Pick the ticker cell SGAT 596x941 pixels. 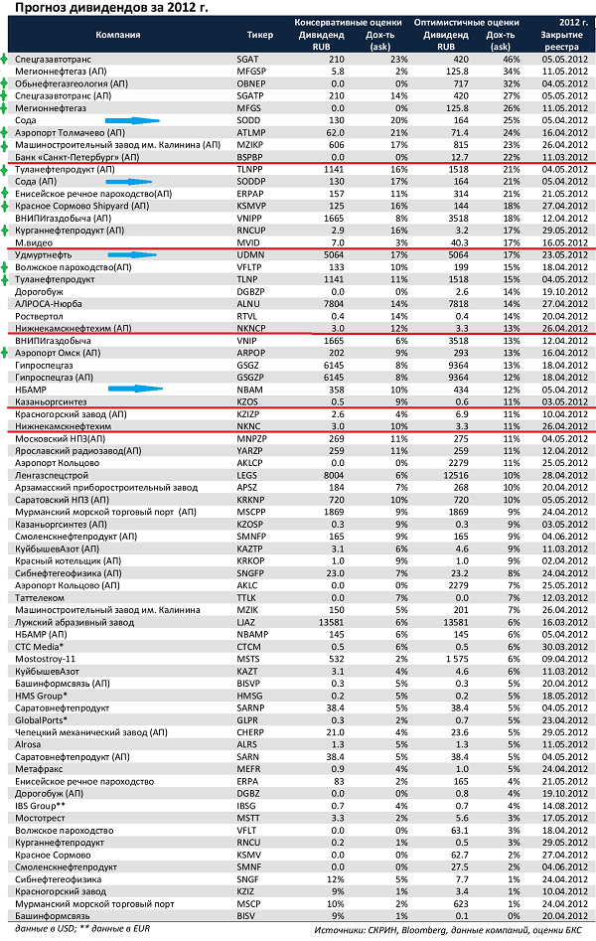(x=248, y=60)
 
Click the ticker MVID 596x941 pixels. (x=249, y=241)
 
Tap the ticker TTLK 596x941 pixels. (x=248, y=597)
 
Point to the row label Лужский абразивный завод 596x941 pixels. (x=69, y=622)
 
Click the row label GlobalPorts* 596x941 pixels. (x=42, y=719)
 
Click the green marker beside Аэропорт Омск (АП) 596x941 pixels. (x=6, y=352)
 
